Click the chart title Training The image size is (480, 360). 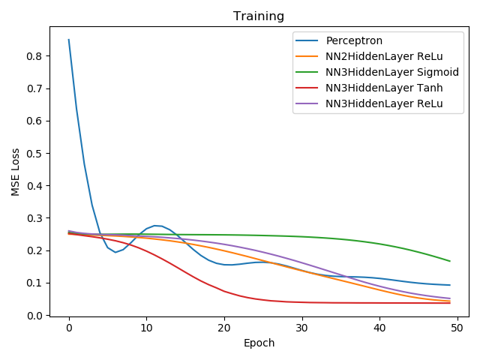pos(259,16)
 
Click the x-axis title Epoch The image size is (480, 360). pos(259,343)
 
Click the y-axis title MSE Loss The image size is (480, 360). pos(15,172)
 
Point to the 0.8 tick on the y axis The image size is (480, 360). pos(34,56)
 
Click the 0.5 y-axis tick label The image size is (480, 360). pos(34,153)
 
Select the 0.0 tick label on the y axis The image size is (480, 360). pos(34,315)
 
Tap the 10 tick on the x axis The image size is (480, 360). pos(147,328)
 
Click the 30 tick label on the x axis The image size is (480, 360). pos(301,328)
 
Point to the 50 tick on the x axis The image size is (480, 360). pos(457,328)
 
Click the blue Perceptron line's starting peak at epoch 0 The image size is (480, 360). pos(69,40)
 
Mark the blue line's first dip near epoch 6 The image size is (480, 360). pos(115,252)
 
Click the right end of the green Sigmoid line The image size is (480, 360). pos(450,261)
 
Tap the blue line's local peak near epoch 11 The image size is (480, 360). pos(154,226)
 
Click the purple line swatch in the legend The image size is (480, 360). pos(307,103)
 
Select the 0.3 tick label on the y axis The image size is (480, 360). pos(34,218)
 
